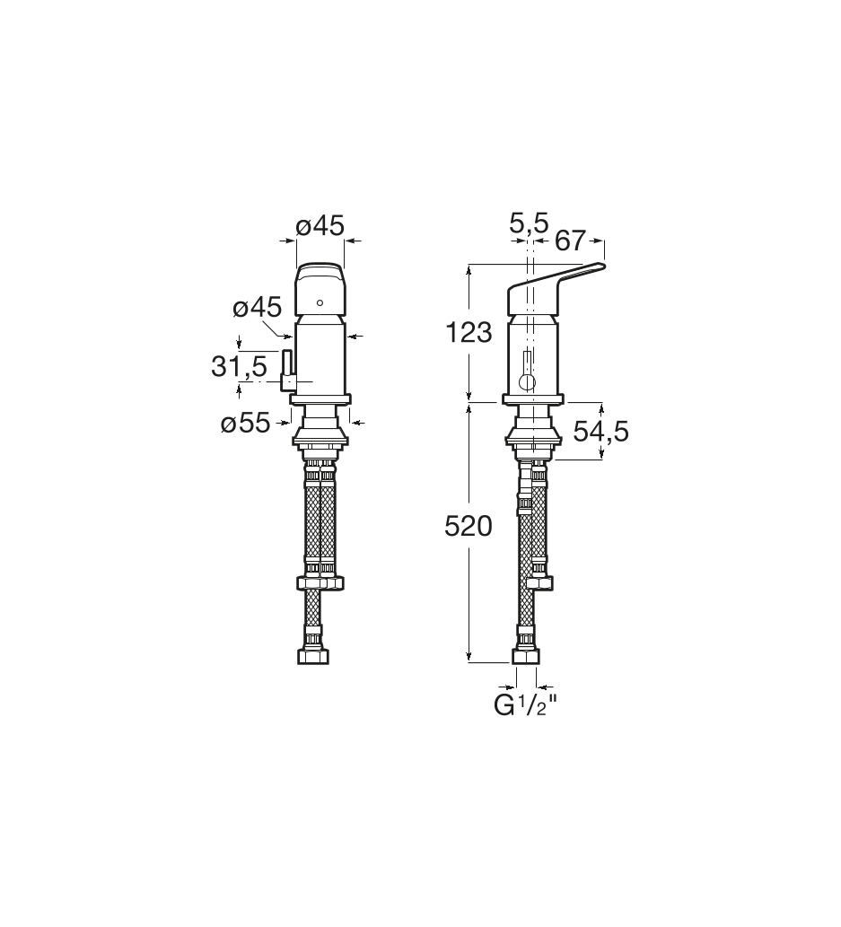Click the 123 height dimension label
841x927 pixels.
point(469,333)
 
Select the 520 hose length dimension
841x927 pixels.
point(469,526)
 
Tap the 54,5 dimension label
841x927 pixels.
point(600,433)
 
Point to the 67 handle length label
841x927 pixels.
point(570,240)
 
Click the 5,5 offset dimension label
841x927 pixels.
point(530,223)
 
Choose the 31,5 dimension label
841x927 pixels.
point(239,366)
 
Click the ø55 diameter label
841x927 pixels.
point(245,424)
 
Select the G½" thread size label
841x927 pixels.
point(526,706)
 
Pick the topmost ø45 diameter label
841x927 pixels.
point(320,225)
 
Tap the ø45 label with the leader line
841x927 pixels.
point(258,307)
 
